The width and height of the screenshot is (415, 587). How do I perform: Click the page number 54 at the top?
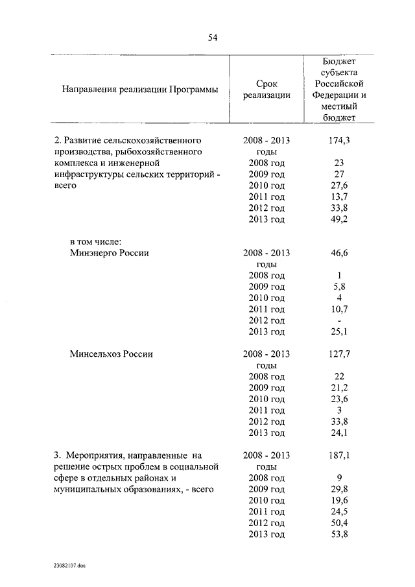click(x=212, y=38)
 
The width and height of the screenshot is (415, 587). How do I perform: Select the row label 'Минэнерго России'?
click(x=109, y=253)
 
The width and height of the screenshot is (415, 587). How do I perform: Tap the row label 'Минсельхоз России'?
click(x=111, y=354)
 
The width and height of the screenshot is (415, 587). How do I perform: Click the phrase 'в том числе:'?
click(x=96, y=242)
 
